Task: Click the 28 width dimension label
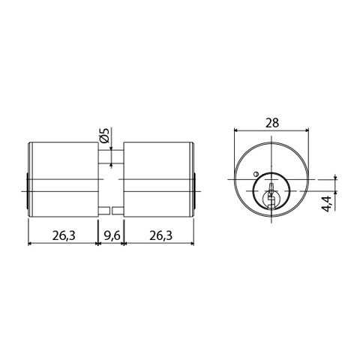point(272,123)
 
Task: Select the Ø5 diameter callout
point(104,136)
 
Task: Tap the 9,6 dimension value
point(112,235)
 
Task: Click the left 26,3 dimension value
point(64,235)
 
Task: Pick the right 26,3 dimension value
point(161,235)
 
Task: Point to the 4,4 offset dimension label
point(328,204)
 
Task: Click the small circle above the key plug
point(256,174)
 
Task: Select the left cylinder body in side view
point(64,179)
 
